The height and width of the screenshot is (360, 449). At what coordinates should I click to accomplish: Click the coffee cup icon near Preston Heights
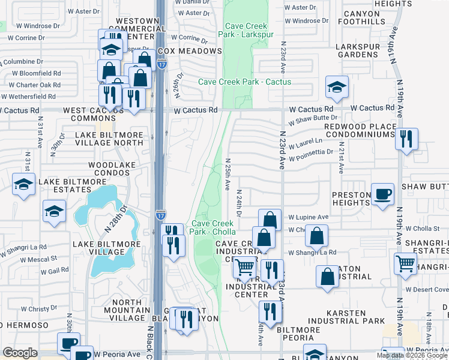[382, 194]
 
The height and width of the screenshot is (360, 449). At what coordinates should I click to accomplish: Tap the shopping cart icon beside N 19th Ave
[406, 263]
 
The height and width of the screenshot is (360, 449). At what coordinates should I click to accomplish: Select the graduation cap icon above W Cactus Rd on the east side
[337, 87]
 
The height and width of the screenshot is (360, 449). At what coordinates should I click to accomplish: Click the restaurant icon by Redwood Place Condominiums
[407, 139]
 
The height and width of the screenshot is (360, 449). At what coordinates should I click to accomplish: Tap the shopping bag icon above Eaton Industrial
[316, 235]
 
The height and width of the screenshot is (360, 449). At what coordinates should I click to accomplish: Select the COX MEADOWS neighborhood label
[190, 52]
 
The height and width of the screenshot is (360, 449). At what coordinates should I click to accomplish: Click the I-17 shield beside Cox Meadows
[163, 63]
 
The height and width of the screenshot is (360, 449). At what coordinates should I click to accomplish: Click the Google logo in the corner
[20, 353]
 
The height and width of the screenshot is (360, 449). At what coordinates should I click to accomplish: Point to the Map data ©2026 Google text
[411, 356]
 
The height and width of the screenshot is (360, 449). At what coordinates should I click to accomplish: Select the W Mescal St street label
[38, 259]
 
